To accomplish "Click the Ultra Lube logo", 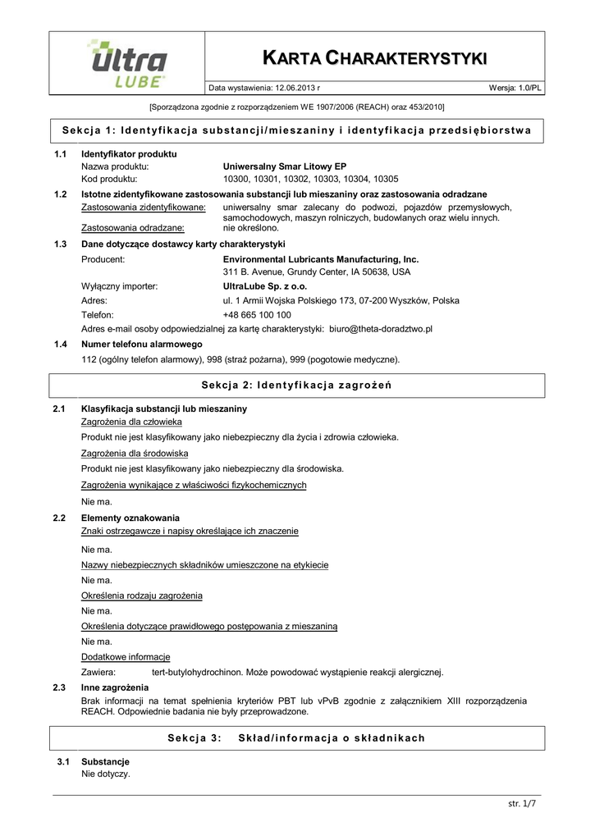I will [x=126, y=62].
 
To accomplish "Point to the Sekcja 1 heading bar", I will [x=297, y=130].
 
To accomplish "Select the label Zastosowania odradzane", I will [x=131, y=229].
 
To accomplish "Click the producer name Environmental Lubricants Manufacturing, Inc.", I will [x=321, y=258].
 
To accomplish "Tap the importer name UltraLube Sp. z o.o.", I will [x=265, y=286].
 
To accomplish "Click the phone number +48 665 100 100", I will [x=257, y=314].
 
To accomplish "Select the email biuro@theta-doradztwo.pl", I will [x=381, y=328].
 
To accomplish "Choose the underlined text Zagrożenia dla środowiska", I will [x=135, y=452].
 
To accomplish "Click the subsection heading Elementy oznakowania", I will [x=130, y=518].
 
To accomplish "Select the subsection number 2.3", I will [x=59, y=687].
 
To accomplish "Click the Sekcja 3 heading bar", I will [x=296, y=737].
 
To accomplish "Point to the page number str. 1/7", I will [x=521, y=804].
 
